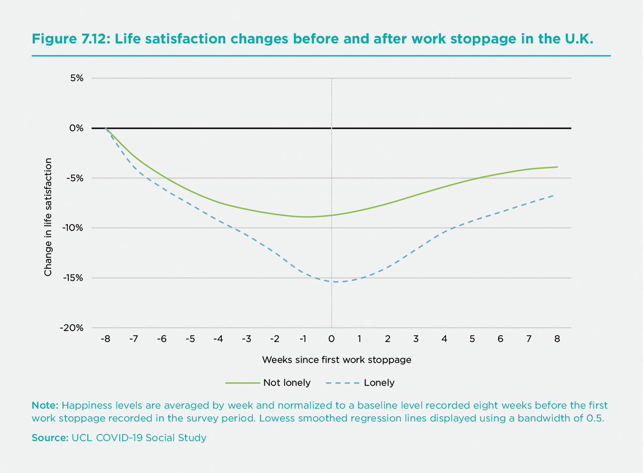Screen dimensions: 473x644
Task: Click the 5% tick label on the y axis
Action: (x=77, y=78)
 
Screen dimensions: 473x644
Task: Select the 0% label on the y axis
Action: (x=76, y=128)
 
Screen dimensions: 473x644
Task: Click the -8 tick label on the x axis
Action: (x=105, y=339)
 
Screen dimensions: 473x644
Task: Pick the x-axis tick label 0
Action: (x=332, y=339)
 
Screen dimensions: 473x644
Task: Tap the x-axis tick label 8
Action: (x=557, y=339)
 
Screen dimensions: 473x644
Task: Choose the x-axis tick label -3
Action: (x=246, y=339)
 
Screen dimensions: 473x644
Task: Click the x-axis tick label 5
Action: (x=472, y=339)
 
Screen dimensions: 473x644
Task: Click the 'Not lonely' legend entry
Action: (x=287, y=383)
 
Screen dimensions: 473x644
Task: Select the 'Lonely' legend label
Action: (x=379, y=383)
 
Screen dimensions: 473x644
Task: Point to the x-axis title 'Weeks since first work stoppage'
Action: (x=336, y=360)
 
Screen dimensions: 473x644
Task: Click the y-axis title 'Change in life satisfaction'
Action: (x=48, y=217)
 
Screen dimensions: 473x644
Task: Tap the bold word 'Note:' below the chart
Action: (x=45, y=406)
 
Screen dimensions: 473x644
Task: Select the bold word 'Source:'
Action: (x=50, y=438)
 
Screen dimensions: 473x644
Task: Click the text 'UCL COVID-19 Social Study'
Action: (x=139, y=438)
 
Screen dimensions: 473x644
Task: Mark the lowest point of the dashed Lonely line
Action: (x=336, y=282)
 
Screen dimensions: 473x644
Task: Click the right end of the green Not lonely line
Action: (x=557, y=167)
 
